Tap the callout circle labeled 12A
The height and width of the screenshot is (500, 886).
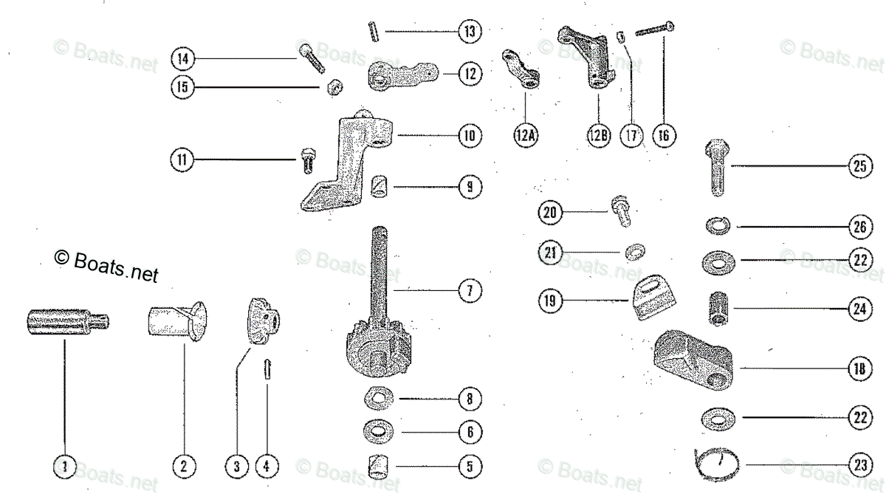coord(526,136)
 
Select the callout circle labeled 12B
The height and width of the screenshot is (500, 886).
coord(599,136)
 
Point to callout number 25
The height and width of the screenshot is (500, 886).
coord(859,167)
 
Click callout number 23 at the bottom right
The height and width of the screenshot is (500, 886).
coord(859,465)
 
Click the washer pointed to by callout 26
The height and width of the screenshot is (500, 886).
coord(716,225)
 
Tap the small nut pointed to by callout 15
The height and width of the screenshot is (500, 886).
coord(333,88)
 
